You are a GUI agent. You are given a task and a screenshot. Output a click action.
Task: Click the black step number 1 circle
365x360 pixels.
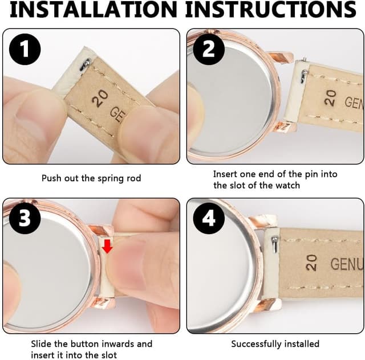point(25,49)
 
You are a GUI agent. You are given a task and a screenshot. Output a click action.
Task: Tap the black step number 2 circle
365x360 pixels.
point(209,49)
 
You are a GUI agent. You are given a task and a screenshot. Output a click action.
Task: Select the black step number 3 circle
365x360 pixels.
point(25,218)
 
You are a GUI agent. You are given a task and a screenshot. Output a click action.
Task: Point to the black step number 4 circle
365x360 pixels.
point(209,218)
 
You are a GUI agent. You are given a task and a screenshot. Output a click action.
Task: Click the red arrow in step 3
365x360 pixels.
point(107,247)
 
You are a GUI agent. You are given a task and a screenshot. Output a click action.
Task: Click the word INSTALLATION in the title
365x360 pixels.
point(94,9)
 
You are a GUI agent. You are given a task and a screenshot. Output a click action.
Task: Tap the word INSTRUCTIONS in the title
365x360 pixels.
point(271,9)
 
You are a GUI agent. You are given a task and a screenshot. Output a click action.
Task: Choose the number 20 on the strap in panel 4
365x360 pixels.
point(311,263)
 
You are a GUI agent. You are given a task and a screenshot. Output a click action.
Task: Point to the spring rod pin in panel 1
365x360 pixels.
point(86,64)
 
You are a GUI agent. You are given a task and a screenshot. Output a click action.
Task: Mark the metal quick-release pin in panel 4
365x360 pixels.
point(275,244)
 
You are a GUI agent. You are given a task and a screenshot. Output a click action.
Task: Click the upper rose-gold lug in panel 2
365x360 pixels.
point(280,57)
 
